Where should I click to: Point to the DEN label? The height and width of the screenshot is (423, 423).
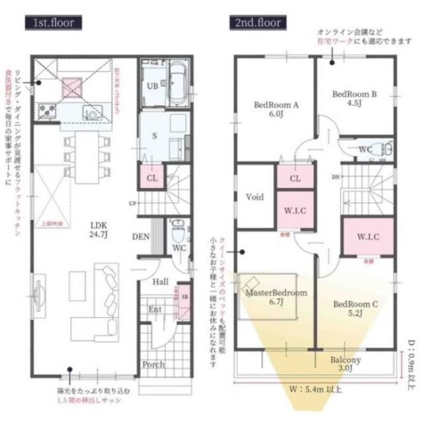141,237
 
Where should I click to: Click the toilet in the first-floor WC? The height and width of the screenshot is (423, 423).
177,231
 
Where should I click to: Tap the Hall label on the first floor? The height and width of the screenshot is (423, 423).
160,282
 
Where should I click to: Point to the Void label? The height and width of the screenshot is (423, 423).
255,197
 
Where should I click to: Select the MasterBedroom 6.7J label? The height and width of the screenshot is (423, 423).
276,297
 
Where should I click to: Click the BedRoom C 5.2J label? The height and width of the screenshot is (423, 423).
356,308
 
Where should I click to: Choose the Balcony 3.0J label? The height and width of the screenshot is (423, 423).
346,364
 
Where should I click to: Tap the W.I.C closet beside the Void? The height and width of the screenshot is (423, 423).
295,210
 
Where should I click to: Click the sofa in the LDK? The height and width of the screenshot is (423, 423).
106,291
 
